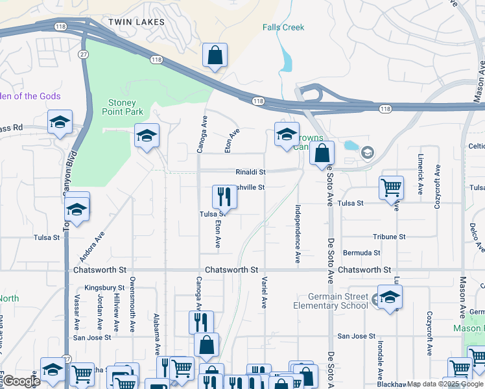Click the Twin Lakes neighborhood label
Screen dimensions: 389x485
[136, 22]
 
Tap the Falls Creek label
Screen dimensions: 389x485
[283, 27]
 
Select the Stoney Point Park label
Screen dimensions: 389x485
[122, 107]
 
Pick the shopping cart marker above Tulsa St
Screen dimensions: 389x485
[391, 188]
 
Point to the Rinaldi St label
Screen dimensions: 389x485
[250, 172]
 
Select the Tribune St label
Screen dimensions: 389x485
[389, 237]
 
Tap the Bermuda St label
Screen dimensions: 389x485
[362, 252]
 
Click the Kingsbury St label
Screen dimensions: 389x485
[104, 287]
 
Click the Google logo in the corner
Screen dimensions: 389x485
[21, 381]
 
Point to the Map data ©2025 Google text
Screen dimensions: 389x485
[444, 384]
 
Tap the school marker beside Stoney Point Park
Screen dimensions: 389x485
[147, 136]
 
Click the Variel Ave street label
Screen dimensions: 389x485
[264, 294]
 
